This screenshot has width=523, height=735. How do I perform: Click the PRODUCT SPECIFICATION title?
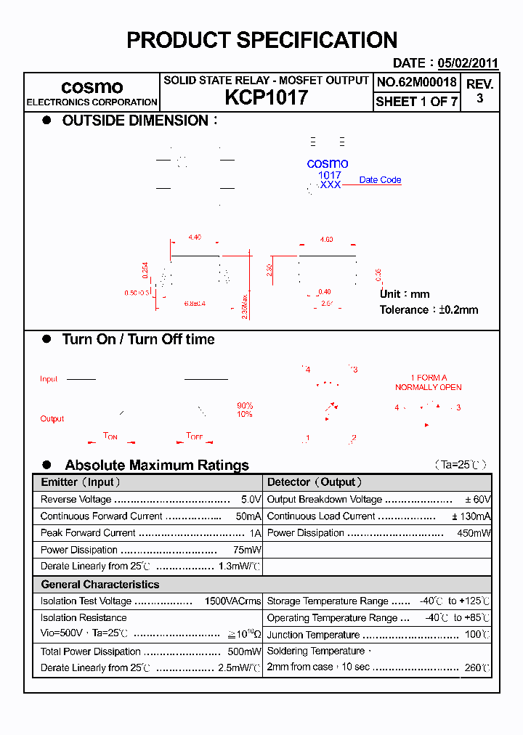[261, 40]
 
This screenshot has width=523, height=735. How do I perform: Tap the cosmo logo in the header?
[92, 87]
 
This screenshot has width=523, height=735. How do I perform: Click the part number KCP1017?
[266, 98]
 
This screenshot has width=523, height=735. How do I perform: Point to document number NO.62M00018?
[416, 82]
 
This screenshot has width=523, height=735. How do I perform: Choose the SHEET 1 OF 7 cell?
[416, 102]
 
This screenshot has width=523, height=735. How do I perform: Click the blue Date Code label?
[380, 180]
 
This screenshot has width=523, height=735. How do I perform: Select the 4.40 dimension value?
[195, 237]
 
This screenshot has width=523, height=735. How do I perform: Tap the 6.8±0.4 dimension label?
[195, 304]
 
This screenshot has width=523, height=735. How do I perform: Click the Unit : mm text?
[405, 294]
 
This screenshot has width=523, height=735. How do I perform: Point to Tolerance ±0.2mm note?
[429, 310]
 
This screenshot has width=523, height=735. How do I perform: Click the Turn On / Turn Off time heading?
[138, 339]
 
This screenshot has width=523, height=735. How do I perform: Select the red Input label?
[49, 379]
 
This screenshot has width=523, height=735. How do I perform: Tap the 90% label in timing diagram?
[245, 405]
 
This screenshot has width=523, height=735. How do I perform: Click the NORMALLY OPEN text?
[429, 387]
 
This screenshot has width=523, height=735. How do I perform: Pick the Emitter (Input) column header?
[81, 482]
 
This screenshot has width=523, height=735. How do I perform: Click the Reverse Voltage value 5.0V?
[251, 500]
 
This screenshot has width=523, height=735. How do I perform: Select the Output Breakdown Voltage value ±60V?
[479, 500]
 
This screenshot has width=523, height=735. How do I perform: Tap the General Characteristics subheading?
[100, 584]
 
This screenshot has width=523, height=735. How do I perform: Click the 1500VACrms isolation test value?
[232, 601]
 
